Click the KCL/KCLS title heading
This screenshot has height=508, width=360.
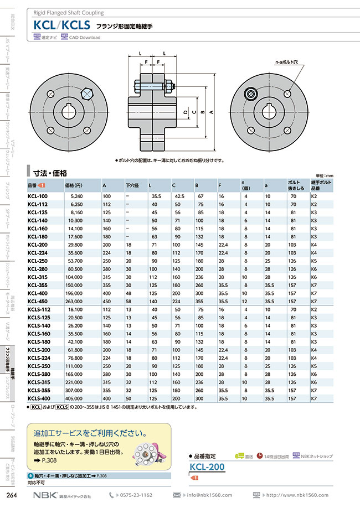tap(62, 25)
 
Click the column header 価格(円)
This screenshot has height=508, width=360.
tap(74, 185)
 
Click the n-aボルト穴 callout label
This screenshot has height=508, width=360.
tap(287, 63)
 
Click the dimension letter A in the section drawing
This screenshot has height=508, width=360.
tap(211, 111)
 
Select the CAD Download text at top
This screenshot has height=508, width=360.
tap(85, 38)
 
